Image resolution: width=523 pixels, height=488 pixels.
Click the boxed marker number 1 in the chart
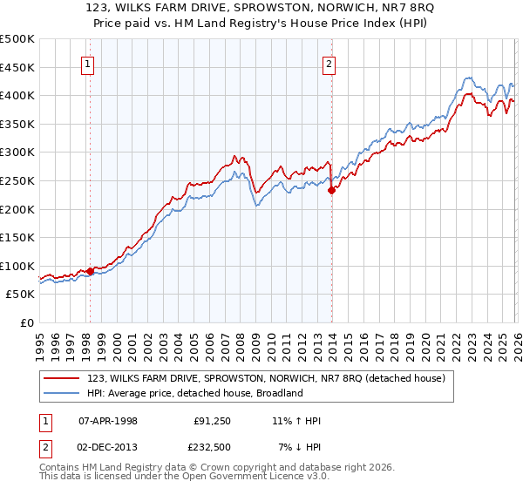coord(89,63)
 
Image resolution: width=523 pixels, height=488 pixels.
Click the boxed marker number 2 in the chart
coord(329,63)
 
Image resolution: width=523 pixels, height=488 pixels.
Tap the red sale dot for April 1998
coord(90,271)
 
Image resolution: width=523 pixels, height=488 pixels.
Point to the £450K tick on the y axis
coord(17,67)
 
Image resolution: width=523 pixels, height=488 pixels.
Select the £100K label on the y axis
coord(17,266)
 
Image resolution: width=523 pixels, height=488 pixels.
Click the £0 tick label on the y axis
coord(28,322)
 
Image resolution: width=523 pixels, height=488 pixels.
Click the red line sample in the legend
coord(63,378)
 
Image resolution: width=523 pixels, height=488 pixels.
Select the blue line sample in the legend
coord(63,393)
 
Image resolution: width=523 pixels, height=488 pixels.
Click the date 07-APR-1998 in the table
coord(108,421)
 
